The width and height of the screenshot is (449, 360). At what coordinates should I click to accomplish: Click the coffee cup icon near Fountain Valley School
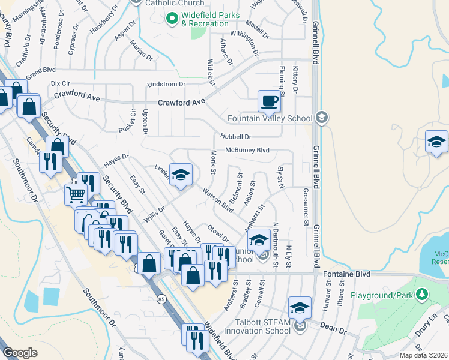point(269,100)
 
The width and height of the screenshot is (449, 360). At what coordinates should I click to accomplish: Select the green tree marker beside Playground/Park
point(423,293)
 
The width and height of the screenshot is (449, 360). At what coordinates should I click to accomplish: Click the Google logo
point(20,352)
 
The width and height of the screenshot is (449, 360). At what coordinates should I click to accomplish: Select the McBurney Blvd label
point(247,150)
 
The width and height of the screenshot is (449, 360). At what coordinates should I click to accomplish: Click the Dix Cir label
point(61,83)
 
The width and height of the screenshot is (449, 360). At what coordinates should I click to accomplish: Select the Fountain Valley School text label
point(270,118)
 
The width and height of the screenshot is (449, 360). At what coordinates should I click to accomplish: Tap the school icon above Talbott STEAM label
point(299,308)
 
